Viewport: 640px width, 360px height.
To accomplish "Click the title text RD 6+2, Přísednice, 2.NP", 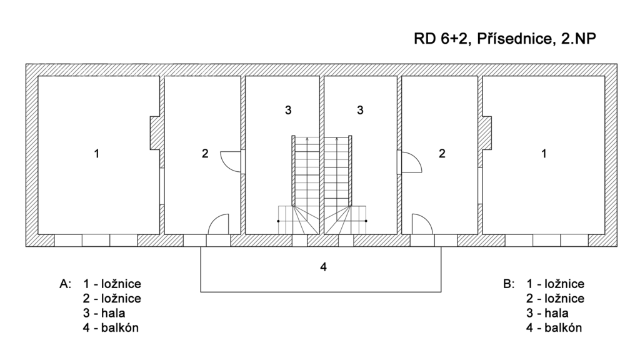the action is click(x=505, y=38).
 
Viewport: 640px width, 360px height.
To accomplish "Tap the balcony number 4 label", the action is click(x=323, y=267).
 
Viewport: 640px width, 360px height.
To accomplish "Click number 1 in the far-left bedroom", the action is click(x=97, y=154).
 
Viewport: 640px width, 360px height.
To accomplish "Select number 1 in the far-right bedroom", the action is click(x=544, y=154).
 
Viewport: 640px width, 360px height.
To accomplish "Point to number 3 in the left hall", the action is click(x=288, y=110).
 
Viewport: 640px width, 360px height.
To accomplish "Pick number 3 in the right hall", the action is click(x=360, y=110).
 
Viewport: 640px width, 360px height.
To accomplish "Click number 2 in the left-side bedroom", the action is click(x=205, y=154).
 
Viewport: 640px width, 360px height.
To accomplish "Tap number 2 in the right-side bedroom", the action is click(x=442, y=154).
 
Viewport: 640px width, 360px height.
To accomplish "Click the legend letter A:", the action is click(x=65, y=284).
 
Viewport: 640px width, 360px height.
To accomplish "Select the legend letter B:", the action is click(x=509, y=284).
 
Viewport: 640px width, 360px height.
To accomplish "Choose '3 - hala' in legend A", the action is click(x=104, y=313).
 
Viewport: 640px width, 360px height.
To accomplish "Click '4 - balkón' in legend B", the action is click(x=554, y=327).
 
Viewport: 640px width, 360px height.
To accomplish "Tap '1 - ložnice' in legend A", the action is click(x=112, y=284).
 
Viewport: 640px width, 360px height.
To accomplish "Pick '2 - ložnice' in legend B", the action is click(x=555, y=298).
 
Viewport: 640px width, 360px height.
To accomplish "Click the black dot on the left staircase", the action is click(x=278, y=221).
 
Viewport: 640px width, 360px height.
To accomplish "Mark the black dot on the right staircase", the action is click(x=366, y=221).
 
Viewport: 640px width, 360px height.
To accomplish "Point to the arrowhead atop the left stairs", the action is click(x=307, y=139).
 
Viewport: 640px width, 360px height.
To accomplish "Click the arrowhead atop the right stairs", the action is click(x=337, y=139).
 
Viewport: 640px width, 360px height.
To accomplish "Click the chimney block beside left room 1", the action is click(x=155, y=133).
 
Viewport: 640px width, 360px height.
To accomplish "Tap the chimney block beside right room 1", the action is click(x=487, y=133).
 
